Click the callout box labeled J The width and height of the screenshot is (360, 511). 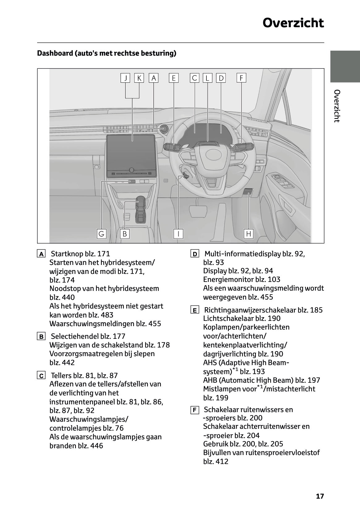125,78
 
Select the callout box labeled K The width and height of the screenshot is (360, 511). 139,78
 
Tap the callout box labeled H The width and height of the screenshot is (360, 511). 248,234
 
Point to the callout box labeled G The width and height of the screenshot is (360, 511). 101,234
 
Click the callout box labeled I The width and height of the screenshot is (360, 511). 178,234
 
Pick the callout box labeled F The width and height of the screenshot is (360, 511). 241,78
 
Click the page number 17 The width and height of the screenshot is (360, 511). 320,496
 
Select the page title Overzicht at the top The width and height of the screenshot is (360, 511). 293,23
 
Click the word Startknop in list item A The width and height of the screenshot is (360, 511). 65,254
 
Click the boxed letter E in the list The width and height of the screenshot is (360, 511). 195,310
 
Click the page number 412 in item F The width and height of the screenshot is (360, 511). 222,462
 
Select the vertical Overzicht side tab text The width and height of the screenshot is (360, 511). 337,106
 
